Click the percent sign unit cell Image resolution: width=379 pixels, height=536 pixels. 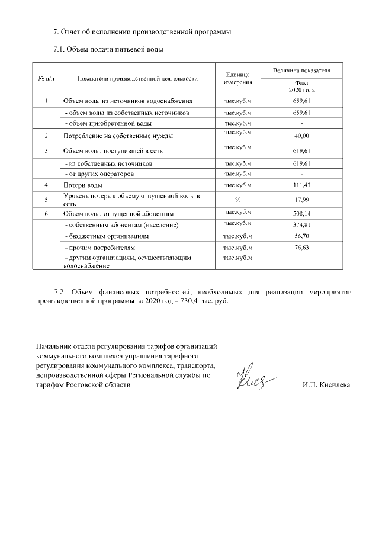pos(237,200)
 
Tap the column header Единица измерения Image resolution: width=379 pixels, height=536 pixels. pos(237,78)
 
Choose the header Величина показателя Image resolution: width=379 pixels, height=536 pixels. pos(301,71)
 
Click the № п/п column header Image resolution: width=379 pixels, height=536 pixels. pos(46,78)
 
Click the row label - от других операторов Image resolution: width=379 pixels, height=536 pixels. pos(99,174)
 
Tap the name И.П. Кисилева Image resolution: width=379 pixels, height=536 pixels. pos(325,386)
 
